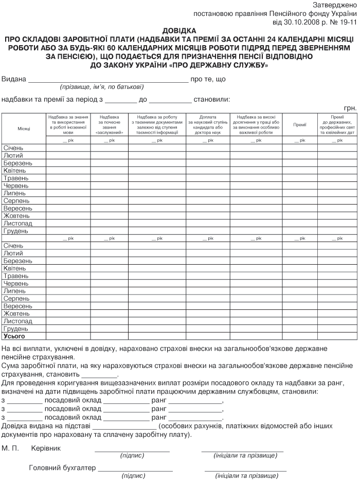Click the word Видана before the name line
(x=14, y=80)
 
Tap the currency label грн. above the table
(x=350, y=108)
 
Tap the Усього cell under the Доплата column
(x=208, y=336)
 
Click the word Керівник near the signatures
(x=46, y=448)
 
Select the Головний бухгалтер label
(x=62, y=468)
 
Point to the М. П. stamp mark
(x=10, y=448)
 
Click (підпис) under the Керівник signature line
(x=132, y=456)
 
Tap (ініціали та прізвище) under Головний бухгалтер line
(x=245, y=476)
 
